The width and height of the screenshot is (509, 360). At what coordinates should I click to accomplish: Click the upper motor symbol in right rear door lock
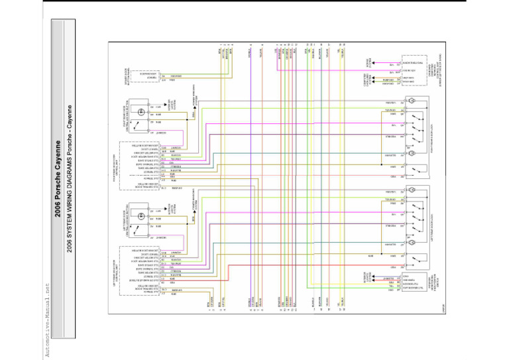pyautogui.click(x=412, y=101)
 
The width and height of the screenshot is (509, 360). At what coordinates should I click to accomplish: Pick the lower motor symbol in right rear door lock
pyautogui.click(x=412, y=154)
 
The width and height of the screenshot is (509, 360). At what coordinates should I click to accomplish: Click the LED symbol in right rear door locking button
pyautogui.click(x=141, y=107)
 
